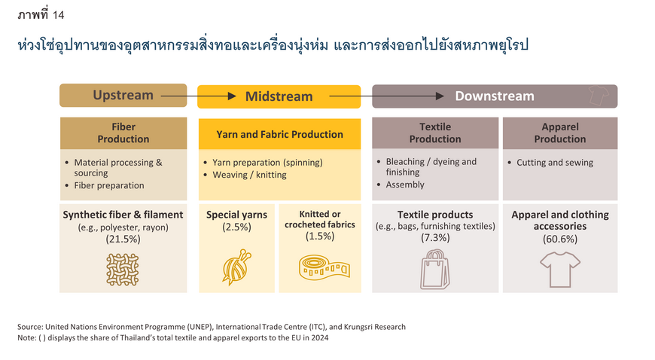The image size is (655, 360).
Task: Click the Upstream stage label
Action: click(123, 96)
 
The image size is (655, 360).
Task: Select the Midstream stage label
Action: click(279, 96)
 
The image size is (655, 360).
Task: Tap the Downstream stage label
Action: click(495, 96)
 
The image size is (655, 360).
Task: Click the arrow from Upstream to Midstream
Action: click(199, 96)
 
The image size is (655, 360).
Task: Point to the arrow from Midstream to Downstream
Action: click(386, 96)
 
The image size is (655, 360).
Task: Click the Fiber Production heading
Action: click(123, 133)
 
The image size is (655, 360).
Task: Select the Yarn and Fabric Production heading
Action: click(279, 134)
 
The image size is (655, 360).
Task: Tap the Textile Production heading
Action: click(435, 133)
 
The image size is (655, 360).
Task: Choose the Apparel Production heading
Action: click(560, 133)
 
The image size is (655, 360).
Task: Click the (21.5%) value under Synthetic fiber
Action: click(123, 239)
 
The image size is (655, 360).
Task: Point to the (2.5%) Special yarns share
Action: click(237, 227)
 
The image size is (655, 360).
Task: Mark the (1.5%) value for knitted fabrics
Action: click(320, 236)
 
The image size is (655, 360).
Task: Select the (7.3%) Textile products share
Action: click(435, 238)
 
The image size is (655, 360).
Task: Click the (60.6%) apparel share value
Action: click(560, 239)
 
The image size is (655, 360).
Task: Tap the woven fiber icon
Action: click(123, 270)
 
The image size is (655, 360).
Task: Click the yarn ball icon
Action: click(237, 267)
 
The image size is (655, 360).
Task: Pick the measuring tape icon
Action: click(324, 267)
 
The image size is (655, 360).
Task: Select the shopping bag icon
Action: click(435, 270)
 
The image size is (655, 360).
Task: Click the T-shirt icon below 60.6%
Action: click(560, 270)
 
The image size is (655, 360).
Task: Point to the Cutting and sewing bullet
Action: click(555, 163)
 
